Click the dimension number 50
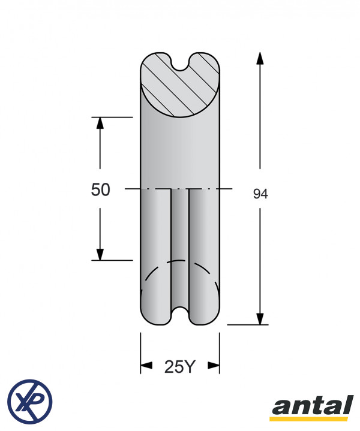point(100,189)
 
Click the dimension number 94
point(260,194)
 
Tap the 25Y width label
point(180,367)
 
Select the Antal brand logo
point(312,408)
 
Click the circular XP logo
point(30,401)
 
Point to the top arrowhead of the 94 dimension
point(260,58)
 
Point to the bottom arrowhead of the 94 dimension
point(260,318)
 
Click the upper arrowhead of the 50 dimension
point(100,123)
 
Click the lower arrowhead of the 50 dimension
point(100,254)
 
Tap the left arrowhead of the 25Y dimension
point(146,365)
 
